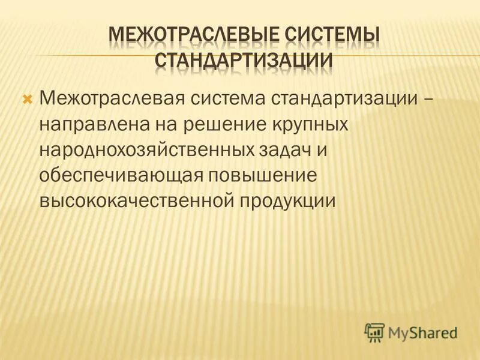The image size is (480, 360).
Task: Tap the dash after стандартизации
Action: coord(427,98)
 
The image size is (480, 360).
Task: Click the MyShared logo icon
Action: coord(374,331)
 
